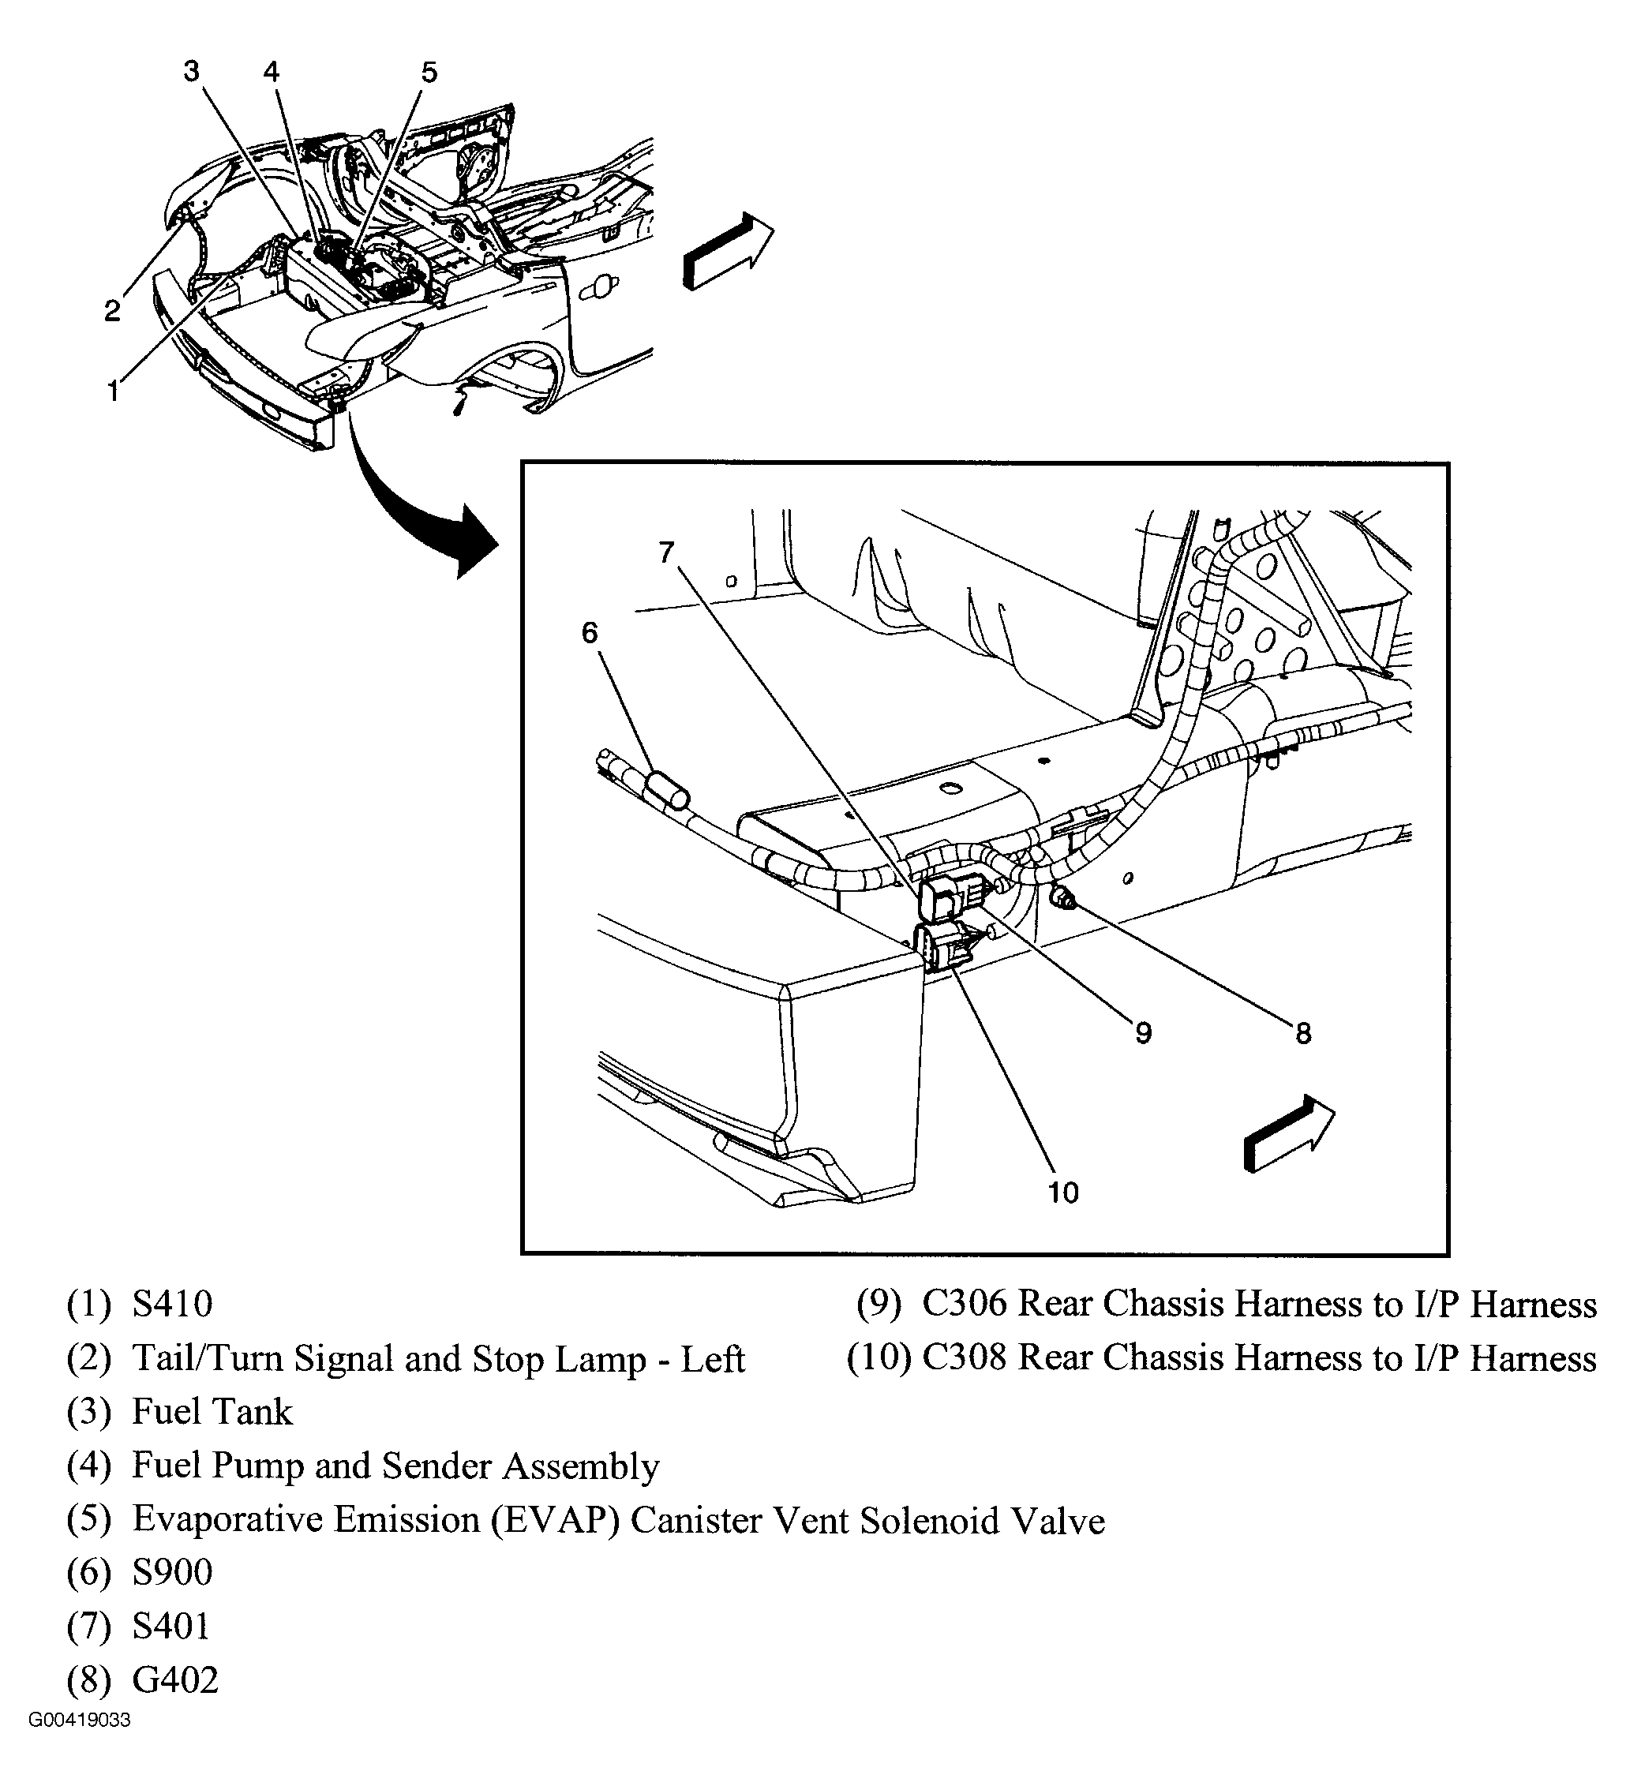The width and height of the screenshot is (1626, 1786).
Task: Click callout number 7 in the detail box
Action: [x=666, y=552]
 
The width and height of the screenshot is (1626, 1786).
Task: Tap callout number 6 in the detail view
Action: [x=590, y=632]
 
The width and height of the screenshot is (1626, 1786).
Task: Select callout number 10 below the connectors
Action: [x=1062, y=1193]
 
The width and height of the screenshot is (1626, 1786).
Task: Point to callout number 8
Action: [x=1302, y=1033]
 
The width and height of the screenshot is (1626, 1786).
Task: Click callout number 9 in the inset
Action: [x=1143, y=1032]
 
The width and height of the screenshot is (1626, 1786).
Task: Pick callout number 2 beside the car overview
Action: [x=111, y=310]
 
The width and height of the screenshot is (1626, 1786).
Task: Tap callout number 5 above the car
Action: [x=429, y=72]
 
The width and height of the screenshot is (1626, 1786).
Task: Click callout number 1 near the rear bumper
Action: [x=113, y=391]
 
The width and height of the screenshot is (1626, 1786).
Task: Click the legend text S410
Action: [x=173, y=1304]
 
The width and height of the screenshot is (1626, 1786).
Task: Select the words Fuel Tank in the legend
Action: [x=212, y=1412]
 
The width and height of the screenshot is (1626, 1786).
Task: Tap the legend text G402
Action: [x=174, y=1679]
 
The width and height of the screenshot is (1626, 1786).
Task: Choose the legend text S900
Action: [x=173, y=1572]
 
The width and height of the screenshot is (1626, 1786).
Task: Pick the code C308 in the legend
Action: [x=964, y=1358]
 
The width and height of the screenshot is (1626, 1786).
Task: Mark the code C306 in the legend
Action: [x=964, y=1304]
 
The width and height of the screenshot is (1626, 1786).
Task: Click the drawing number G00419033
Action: [x=80, y=1745]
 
